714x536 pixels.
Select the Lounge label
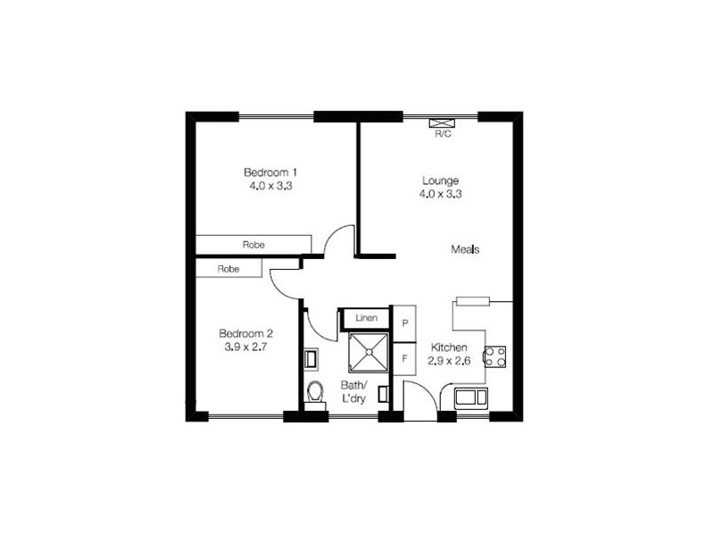[440, 180]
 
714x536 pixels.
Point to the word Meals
[465, 250]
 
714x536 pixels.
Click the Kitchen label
[447, 348]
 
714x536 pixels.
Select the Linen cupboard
[366, 318]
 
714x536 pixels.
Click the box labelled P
[405, 323]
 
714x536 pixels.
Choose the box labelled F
[405, 359]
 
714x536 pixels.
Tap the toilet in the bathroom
[315, 391]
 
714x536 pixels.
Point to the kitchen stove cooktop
[494, 357]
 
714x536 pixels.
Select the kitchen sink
[469, 398]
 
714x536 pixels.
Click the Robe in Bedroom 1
[253, 244]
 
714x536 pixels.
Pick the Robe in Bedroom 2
[228, 268]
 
